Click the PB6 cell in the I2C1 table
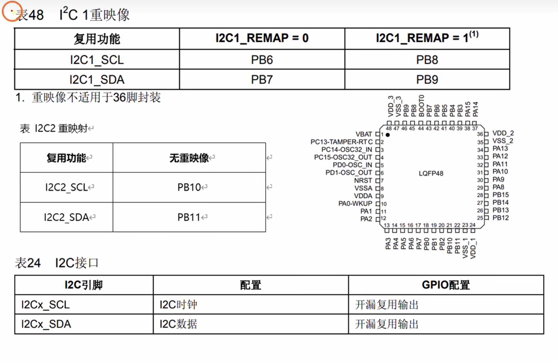pyautogui.click(x=262, y=60)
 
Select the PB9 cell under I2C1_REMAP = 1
pyautogui.click(x=427, y=79)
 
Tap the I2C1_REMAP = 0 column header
pyautogui.click(x=262, y=38)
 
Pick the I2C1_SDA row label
pyautogui.click(x=97, y=79)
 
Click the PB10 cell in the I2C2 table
pyautogui.click(x=189, y=187)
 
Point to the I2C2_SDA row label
pyautogui.click(x=66, y=217)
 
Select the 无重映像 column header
pyautogui.click(x=189, y=158)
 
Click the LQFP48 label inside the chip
pyautogui.click(x=431, y=173)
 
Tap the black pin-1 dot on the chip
pyautogui.click(x=388, y=135)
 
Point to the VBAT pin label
pyautogui.click(x=364, y=134)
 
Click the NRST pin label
pyautogui.click(x=363, y=181)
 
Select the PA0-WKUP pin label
pyautogui.click(x=355, y=204)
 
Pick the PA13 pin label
pyautogui.click(x=500, y=148)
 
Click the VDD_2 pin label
pyautogui.click(x=503, y=133)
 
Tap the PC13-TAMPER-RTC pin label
pyautogui.click(x=341, y=142)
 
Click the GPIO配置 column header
pyautogui.click(x=446, y=285)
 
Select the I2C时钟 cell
pyautogui.click(x=178, y=305)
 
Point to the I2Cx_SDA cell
pyautogui.click(x=46, y=324)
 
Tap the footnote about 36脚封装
pyautogui.click(x=88, y=97)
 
